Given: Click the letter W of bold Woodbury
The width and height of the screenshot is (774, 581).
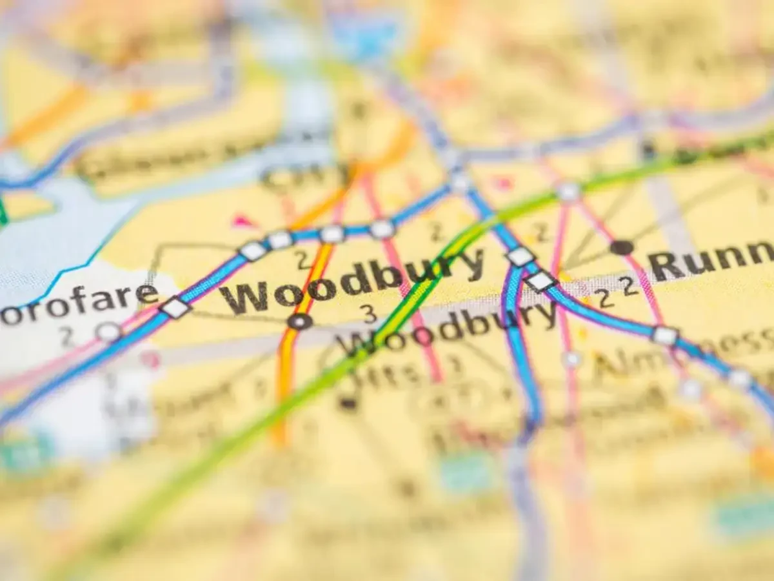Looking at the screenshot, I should point(244,298).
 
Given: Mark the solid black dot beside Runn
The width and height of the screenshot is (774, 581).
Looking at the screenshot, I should point(621,247).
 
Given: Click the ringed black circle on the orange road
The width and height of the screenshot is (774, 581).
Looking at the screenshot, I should point(299,321).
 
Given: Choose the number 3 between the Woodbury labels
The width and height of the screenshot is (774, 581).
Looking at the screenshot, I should point(369,314).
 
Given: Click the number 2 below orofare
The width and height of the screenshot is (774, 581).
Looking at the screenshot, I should point(66,336).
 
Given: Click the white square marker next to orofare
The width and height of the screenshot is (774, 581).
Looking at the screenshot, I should point(175,308).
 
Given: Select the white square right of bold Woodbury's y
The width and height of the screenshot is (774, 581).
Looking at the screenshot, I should point(521,257).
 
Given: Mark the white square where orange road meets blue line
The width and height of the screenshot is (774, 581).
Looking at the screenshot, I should point(332,234).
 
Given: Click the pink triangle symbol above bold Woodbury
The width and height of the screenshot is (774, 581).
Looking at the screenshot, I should point(243,221).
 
